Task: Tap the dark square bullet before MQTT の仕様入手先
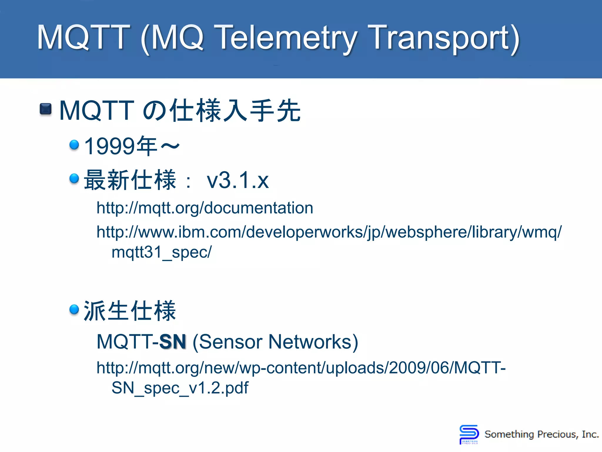click(x=46, y=109)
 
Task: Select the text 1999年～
click(x=132, y=146)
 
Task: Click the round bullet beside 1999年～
click(x=74, y=144)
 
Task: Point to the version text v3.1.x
click(x=238, y=180)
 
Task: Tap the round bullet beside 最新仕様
click(x=74, y=178)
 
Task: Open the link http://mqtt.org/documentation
click(x=205, y=208)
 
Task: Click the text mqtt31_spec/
click(x=161, y=252)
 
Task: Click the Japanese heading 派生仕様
click(x=130, y=311)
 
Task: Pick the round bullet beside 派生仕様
click(x=74, y=309)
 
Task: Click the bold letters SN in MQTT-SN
click(x=173, y=342)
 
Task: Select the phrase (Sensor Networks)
click(x=275, y=342)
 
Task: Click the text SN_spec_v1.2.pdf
click(x=180, y=388)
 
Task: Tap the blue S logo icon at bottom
click(x=469, y=433)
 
